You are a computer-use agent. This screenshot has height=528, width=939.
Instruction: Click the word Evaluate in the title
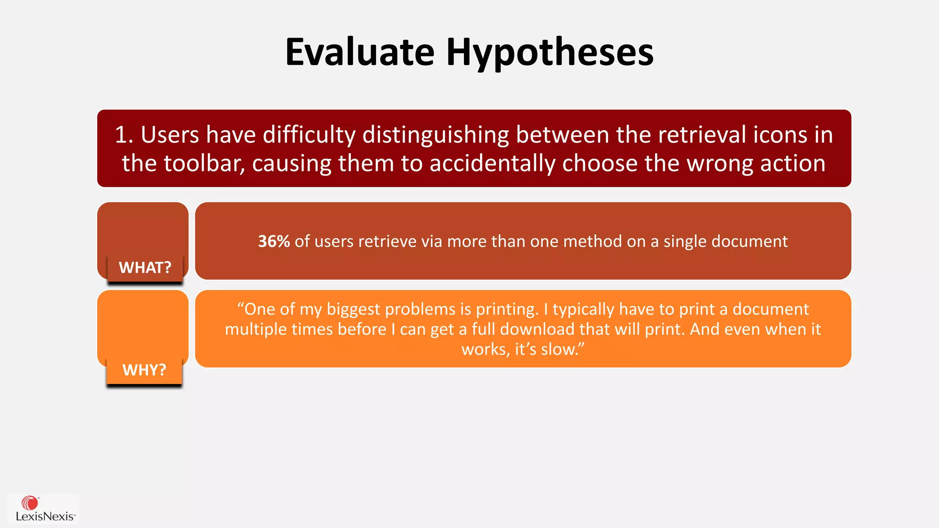pos(359,52)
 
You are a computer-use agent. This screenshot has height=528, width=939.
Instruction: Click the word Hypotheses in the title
pos(550,52)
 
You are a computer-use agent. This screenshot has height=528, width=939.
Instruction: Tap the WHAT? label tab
pos(145,268)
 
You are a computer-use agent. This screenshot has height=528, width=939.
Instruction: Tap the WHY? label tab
pos(144,370)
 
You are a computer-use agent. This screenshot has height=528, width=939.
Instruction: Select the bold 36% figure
pos(274,242)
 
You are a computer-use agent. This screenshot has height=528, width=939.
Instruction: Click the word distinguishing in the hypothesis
pos(436,135)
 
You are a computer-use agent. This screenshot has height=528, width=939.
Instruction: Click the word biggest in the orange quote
pos(353,309)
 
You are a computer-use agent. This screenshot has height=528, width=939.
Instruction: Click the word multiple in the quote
pos(255,330)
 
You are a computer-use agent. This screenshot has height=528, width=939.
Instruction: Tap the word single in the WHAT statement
pos(685,242)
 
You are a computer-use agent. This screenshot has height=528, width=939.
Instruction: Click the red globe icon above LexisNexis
pos(30,503)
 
